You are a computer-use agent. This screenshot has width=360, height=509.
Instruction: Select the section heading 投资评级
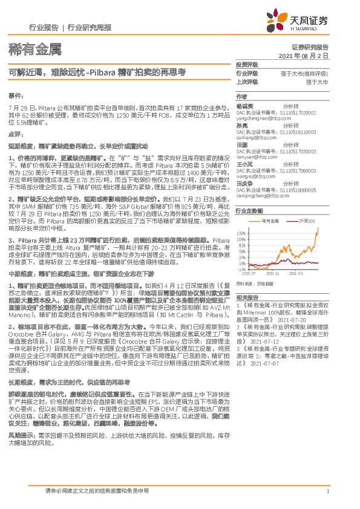246,63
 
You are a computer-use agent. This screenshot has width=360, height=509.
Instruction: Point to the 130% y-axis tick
241,232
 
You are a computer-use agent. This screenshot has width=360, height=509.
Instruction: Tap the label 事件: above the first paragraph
16,97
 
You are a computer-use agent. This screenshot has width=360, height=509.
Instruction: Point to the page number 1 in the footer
327,491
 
